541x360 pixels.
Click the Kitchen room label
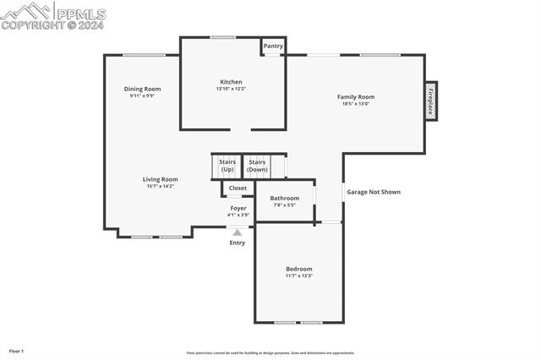point(231,82)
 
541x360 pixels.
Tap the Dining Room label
point(142,89)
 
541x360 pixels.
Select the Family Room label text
point(356,97)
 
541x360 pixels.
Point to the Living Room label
point(160,179)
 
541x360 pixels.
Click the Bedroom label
point(298,269)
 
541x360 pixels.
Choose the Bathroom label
point(285,199)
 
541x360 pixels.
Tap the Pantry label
point(273,46)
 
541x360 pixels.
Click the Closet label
point(238,188)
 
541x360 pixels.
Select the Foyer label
point(238,208)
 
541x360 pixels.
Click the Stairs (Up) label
point(227,166)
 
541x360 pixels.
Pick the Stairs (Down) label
point(257,166)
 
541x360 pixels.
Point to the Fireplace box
point(430,101)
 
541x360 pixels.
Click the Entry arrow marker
point(238,232)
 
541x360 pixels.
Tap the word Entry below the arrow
point(238,243)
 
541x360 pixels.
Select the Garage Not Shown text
point(374,192)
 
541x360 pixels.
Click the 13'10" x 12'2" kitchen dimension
point(231,89)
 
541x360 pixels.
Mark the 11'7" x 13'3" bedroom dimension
point(298,275)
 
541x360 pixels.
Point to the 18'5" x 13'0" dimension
point(356,104)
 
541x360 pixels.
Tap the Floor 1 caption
point(17,351)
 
